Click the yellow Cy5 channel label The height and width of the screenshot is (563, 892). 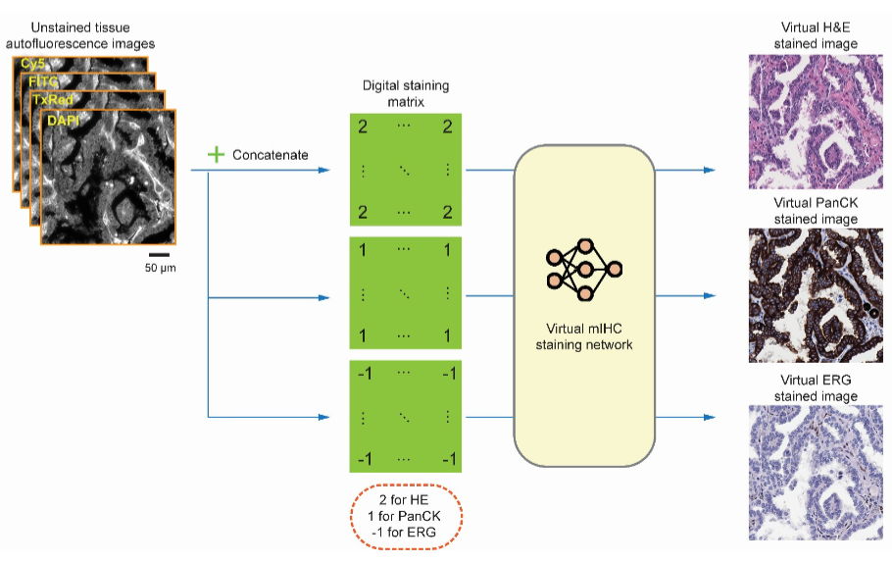(32, 65)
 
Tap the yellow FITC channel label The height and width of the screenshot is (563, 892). (43, 81)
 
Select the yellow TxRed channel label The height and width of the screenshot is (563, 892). (52, 100)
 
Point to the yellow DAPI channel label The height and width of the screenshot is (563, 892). (64, 120)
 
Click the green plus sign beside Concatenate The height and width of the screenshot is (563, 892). (217, 155)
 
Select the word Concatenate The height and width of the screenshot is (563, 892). (270, 155)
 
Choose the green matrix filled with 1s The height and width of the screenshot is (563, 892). (406, 293)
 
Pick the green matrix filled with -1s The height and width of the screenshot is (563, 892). (406, 416)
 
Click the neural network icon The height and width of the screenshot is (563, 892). (585, 266)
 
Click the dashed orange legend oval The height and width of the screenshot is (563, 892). (406, 515)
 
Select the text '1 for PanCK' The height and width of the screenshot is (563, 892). (406, 515)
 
